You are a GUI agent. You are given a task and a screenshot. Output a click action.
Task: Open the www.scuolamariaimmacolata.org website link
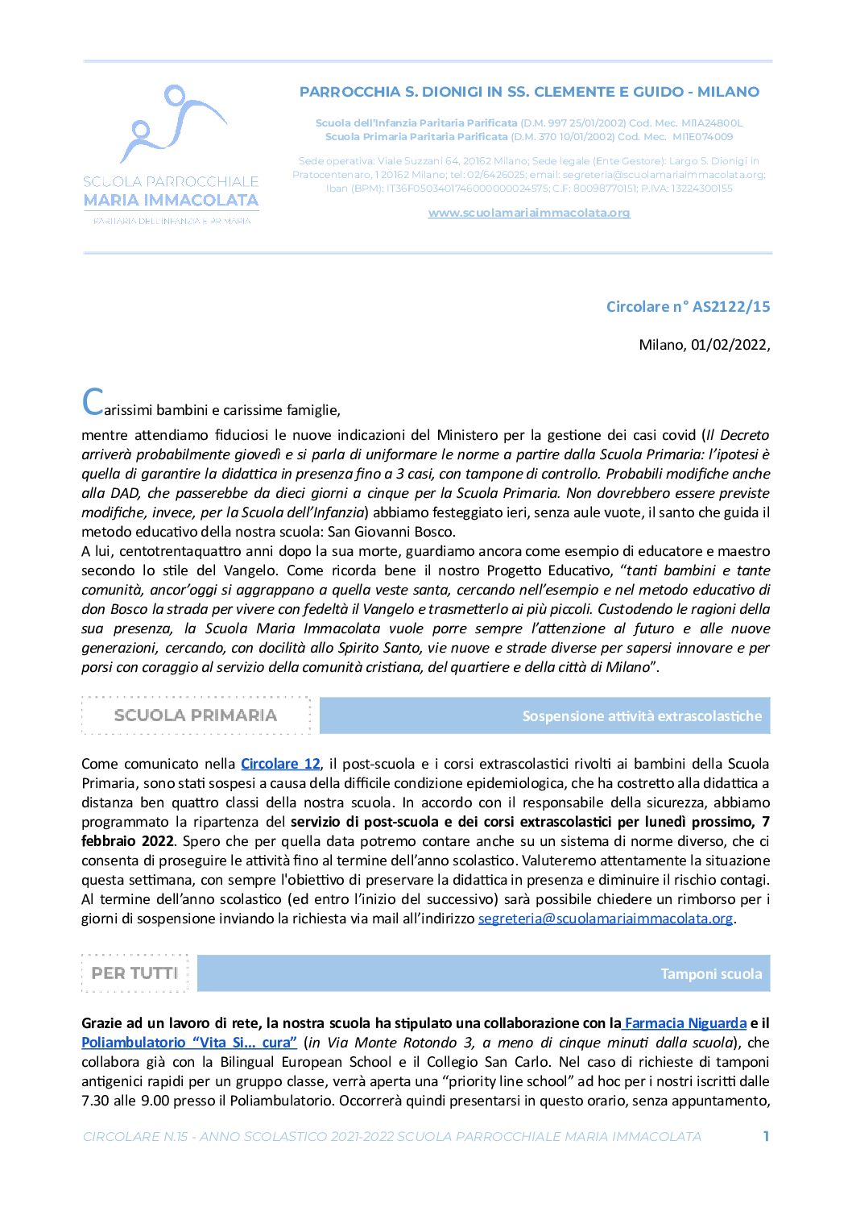(x=528, y=213)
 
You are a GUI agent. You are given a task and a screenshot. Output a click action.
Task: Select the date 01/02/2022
(x=728, y=345)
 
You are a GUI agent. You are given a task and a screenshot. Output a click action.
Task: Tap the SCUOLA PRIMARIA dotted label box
(x=196, y=715)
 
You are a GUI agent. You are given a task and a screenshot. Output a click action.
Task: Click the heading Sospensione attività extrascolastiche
(x=641, y=716)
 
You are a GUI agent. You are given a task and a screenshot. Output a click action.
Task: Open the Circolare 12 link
(x=280, y=764)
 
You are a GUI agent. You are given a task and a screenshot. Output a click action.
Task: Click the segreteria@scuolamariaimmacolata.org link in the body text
(x=605, y=919)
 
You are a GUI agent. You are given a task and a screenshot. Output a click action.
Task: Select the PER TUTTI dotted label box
(x=134, y=973)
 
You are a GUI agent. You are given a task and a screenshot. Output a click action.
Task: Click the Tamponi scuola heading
(x=710, y=974)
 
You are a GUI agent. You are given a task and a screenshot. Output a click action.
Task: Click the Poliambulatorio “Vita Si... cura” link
(x=189, y=1043)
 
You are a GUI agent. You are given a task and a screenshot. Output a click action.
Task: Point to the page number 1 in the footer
(x=766, y=1136)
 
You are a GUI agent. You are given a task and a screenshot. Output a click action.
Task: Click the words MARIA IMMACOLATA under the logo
(x=171, y=200)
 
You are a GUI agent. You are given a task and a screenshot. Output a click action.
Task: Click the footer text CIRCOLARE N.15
(x=135, y=1136)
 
